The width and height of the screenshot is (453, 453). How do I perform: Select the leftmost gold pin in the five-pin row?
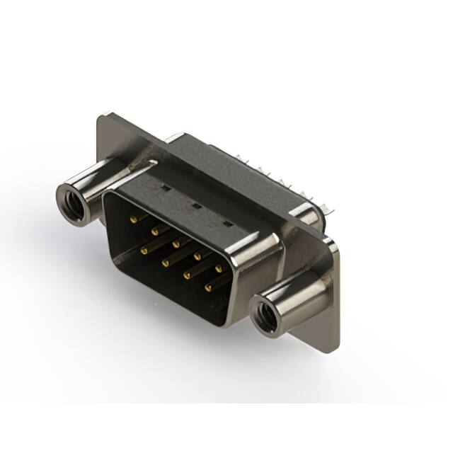[133, 219]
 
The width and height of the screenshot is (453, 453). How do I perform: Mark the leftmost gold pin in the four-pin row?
[144, 250]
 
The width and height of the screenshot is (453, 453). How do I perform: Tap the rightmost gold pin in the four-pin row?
[210, 288]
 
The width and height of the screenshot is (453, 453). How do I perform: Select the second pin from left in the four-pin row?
[166, 262]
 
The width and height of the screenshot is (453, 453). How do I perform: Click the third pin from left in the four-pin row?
[188, 275]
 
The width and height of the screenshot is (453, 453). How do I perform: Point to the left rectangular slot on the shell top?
[163, 189]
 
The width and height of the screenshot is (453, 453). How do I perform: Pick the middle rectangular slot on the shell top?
[194, 206]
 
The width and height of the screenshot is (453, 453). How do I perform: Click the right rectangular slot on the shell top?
[226, 223]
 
